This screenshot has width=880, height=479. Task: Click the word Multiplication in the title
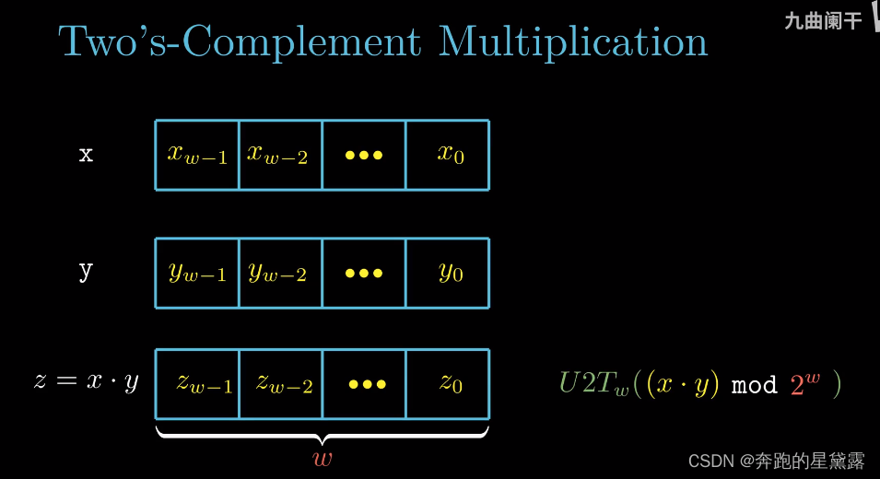[x=572, y=42]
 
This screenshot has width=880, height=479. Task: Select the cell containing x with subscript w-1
[x=197, y=155]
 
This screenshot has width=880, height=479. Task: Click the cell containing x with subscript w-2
[x=280, y=155]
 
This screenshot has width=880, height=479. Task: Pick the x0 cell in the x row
[x=448, y=155]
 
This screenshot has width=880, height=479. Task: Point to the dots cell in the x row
[x=364, y=155]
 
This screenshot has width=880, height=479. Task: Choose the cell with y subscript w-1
[x=197, y=273]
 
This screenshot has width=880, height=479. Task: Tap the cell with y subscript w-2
[x=280, y=273]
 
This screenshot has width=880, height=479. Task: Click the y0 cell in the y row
[x=448, y=273]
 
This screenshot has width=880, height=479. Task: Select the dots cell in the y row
[x=364, y=273]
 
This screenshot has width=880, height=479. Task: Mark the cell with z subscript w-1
[x=197, y=383]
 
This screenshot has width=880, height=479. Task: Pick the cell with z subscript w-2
[x=281, y=383]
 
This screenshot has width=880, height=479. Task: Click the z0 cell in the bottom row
[x=449, y=383]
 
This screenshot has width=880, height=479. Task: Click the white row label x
[x=86, y=155]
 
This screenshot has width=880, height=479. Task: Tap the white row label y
[x=86, y=272]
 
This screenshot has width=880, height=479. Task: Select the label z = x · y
[x=86, y=381]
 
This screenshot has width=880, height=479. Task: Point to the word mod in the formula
[x=754, y=384]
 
